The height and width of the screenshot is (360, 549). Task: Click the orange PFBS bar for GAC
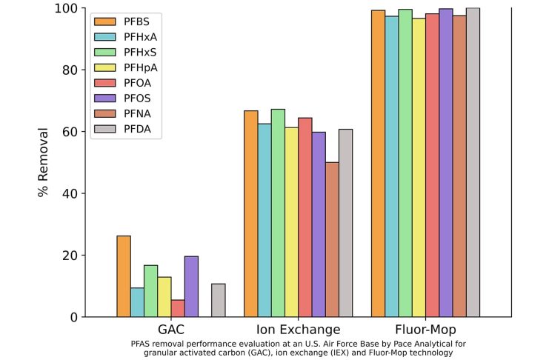point(124,276)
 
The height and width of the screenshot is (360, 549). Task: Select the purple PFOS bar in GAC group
point(191,287)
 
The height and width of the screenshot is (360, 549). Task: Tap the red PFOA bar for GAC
point(178,308)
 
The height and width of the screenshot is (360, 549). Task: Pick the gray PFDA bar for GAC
point(218,300)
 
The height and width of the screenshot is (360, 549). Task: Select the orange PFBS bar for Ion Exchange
point(251,214)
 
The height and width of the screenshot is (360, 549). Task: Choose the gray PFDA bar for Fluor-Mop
point(473,162)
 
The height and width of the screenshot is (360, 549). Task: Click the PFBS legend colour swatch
point(104,21)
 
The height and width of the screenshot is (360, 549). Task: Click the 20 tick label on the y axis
point(68,256)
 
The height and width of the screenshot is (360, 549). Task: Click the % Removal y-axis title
point(43,162)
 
